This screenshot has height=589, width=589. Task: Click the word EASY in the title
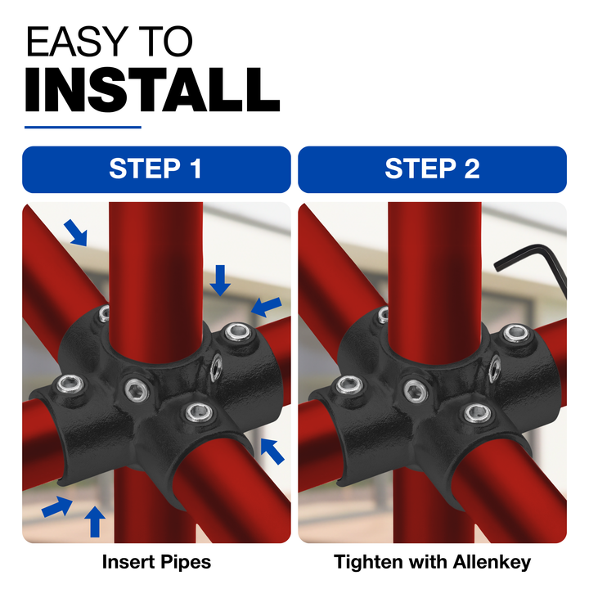[78, 41]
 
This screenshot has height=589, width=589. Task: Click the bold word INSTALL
[152, 90]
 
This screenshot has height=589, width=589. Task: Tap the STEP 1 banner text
[155, 169]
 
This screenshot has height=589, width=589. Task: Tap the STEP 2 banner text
[433, 169]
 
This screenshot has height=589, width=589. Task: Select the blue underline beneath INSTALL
[83, 128]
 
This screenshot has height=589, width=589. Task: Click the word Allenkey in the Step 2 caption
[492, 562]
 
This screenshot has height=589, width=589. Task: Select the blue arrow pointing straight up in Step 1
[95, 521]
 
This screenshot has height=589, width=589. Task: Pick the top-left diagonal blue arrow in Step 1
[76, 233]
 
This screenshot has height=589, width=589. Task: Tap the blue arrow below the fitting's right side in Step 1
[272, 451]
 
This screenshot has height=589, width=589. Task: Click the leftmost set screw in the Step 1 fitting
[70, 384]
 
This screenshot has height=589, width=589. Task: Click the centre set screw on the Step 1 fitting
[137, 389]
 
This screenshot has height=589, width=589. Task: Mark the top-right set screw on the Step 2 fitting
[517, 334]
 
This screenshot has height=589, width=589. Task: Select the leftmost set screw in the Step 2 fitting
[350, 384]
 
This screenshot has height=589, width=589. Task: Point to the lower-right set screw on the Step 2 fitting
[478, 413]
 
